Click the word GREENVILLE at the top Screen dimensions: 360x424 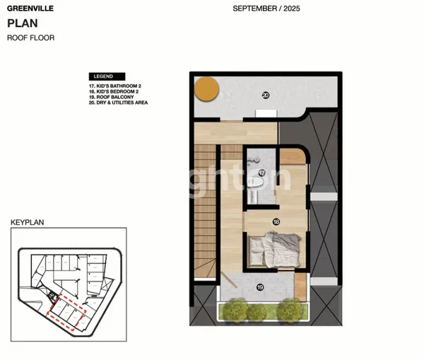(26, 10)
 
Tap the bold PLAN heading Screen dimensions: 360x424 (20, 23)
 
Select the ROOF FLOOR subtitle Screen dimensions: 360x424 (30, 37)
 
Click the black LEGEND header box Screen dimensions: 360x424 (106, 76)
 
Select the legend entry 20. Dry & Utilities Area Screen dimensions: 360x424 (118, 103)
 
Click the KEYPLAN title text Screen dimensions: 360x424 (27, 222)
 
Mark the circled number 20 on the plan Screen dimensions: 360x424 (266, 95)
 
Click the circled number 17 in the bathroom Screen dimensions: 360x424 (261, 173)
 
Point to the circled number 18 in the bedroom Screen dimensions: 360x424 (276, 221)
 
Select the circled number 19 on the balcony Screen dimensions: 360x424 (260, 286)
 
